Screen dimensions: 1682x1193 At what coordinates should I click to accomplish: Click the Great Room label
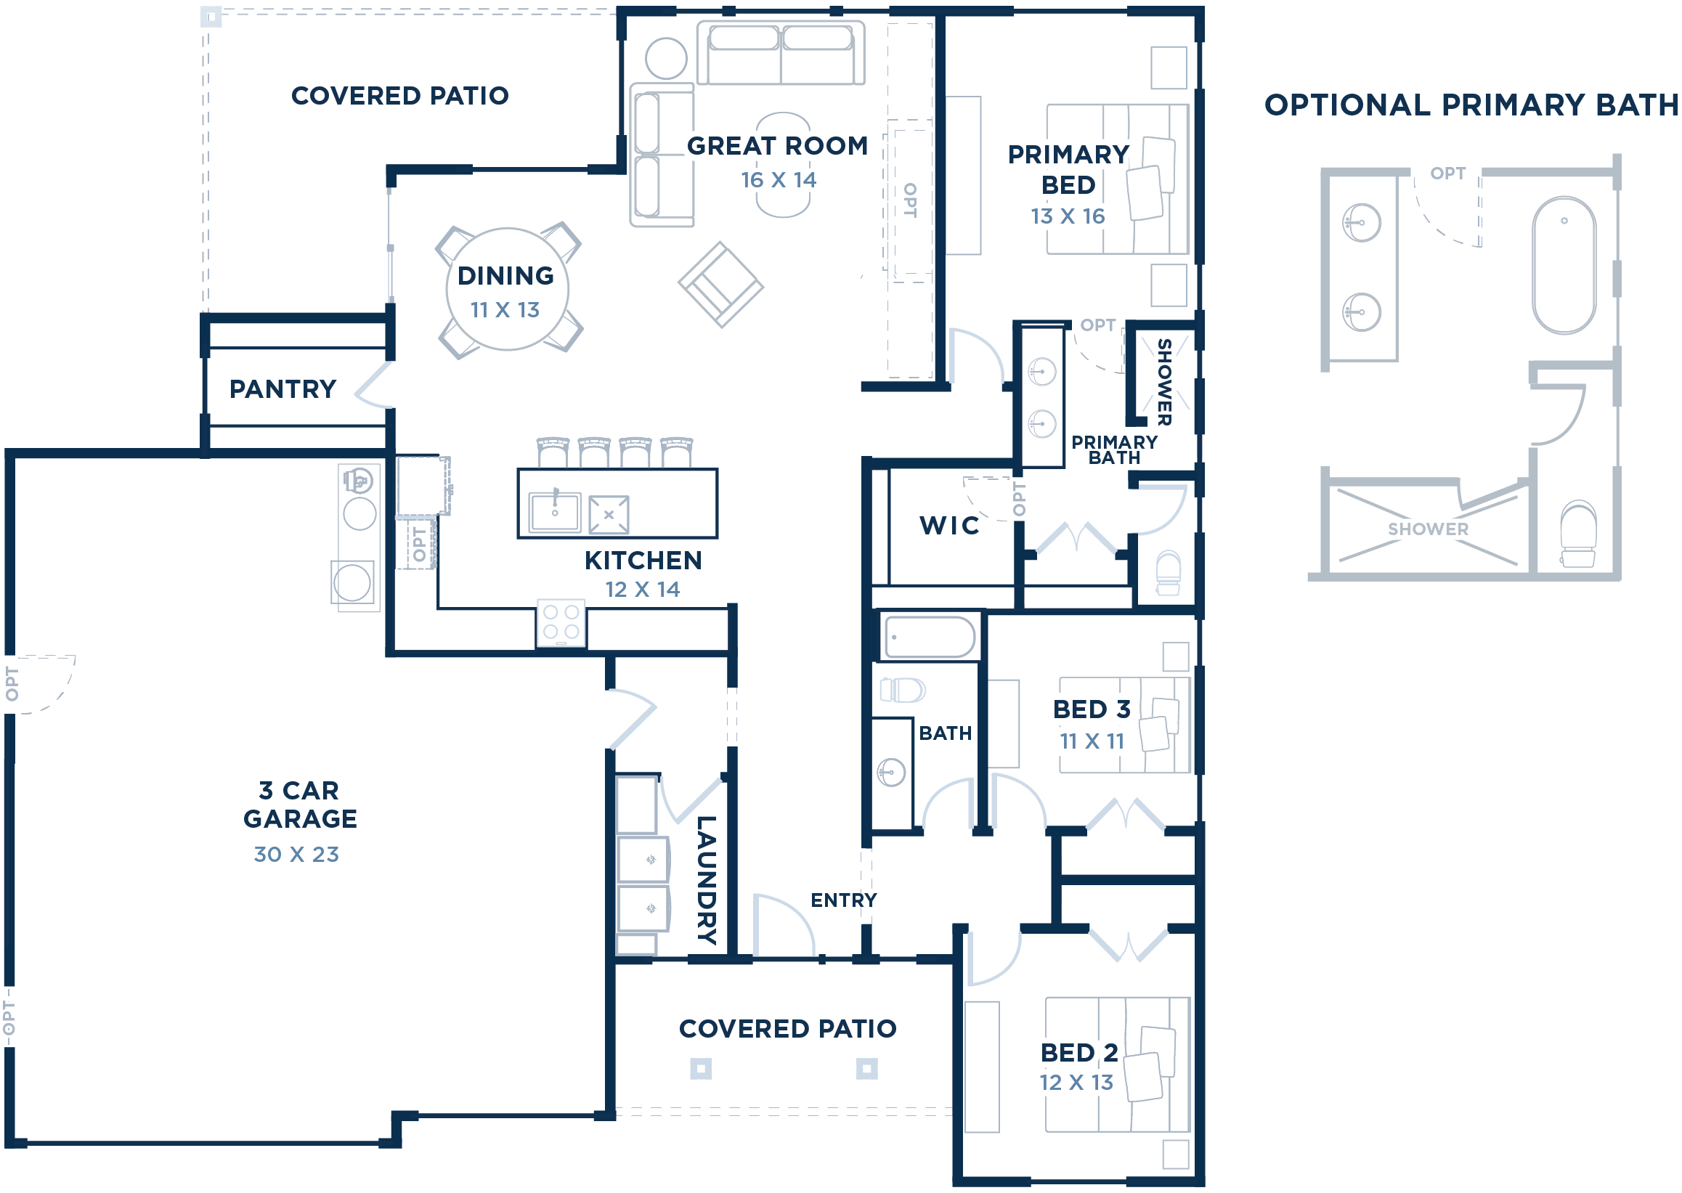776,145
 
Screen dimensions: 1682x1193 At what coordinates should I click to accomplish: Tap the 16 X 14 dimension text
777,180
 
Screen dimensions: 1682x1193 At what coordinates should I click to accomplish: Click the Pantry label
283,388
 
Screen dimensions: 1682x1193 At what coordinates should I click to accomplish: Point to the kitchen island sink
555,511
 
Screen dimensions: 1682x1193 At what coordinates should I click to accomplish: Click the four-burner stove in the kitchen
561,622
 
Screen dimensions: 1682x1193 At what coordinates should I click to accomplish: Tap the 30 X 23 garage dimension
296,854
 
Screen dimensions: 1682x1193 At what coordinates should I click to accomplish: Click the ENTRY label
843,900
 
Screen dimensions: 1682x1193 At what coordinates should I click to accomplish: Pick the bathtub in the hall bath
929,636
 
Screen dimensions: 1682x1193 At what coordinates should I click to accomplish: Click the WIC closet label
949,525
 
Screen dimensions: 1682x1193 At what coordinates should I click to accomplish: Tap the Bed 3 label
1091,709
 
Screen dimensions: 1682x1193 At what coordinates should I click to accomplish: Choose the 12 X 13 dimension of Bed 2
1076,1082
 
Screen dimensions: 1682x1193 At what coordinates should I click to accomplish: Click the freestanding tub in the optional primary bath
1564,265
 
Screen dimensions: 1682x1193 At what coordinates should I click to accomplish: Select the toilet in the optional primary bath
1577,534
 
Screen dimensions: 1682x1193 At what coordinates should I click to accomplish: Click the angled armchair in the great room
720,285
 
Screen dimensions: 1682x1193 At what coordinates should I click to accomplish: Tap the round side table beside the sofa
666,58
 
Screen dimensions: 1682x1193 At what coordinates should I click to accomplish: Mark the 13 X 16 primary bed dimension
1067,216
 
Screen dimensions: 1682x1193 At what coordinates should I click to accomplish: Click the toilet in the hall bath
903,690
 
